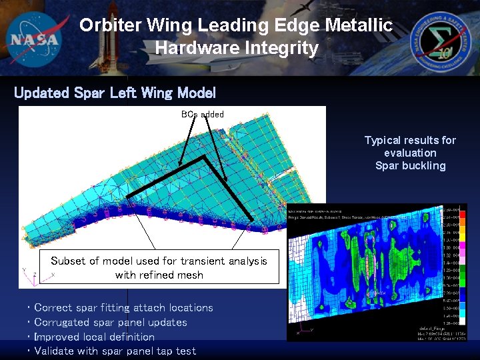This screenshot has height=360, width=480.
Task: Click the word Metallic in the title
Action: [x=359, y=25]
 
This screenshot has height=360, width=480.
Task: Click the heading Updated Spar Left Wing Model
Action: [x=115, y=93]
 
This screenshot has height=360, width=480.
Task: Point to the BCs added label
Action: [x=203, y=114]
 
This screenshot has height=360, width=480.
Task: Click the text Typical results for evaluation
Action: [x=410, y=147]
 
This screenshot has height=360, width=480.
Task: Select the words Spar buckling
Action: [x=410, y=165]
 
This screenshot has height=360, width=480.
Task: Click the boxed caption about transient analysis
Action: [x=159, y=267]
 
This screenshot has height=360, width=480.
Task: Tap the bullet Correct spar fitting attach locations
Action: [x=123, y=307]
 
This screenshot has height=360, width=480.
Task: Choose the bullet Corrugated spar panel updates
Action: [x=110, y=322]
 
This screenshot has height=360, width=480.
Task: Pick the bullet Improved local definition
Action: [x=94, y=337]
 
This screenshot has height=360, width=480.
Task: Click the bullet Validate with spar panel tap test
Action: [x=115, y=351]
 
